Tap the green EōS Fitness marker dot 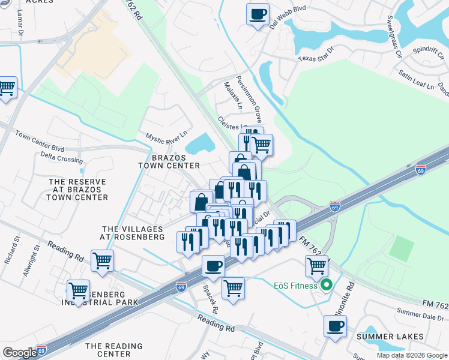(326, 285)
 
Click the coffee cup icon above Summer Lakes (335, 326)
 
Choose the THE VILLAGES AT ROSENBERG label (133, 233)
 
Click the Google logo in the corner (19, 352)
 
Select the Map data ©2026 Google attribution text (411, 355)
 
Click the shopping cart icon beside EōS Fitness (316, 265)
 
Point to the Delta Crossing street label (62, 160)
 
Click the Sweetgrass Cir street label (394, 37)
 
